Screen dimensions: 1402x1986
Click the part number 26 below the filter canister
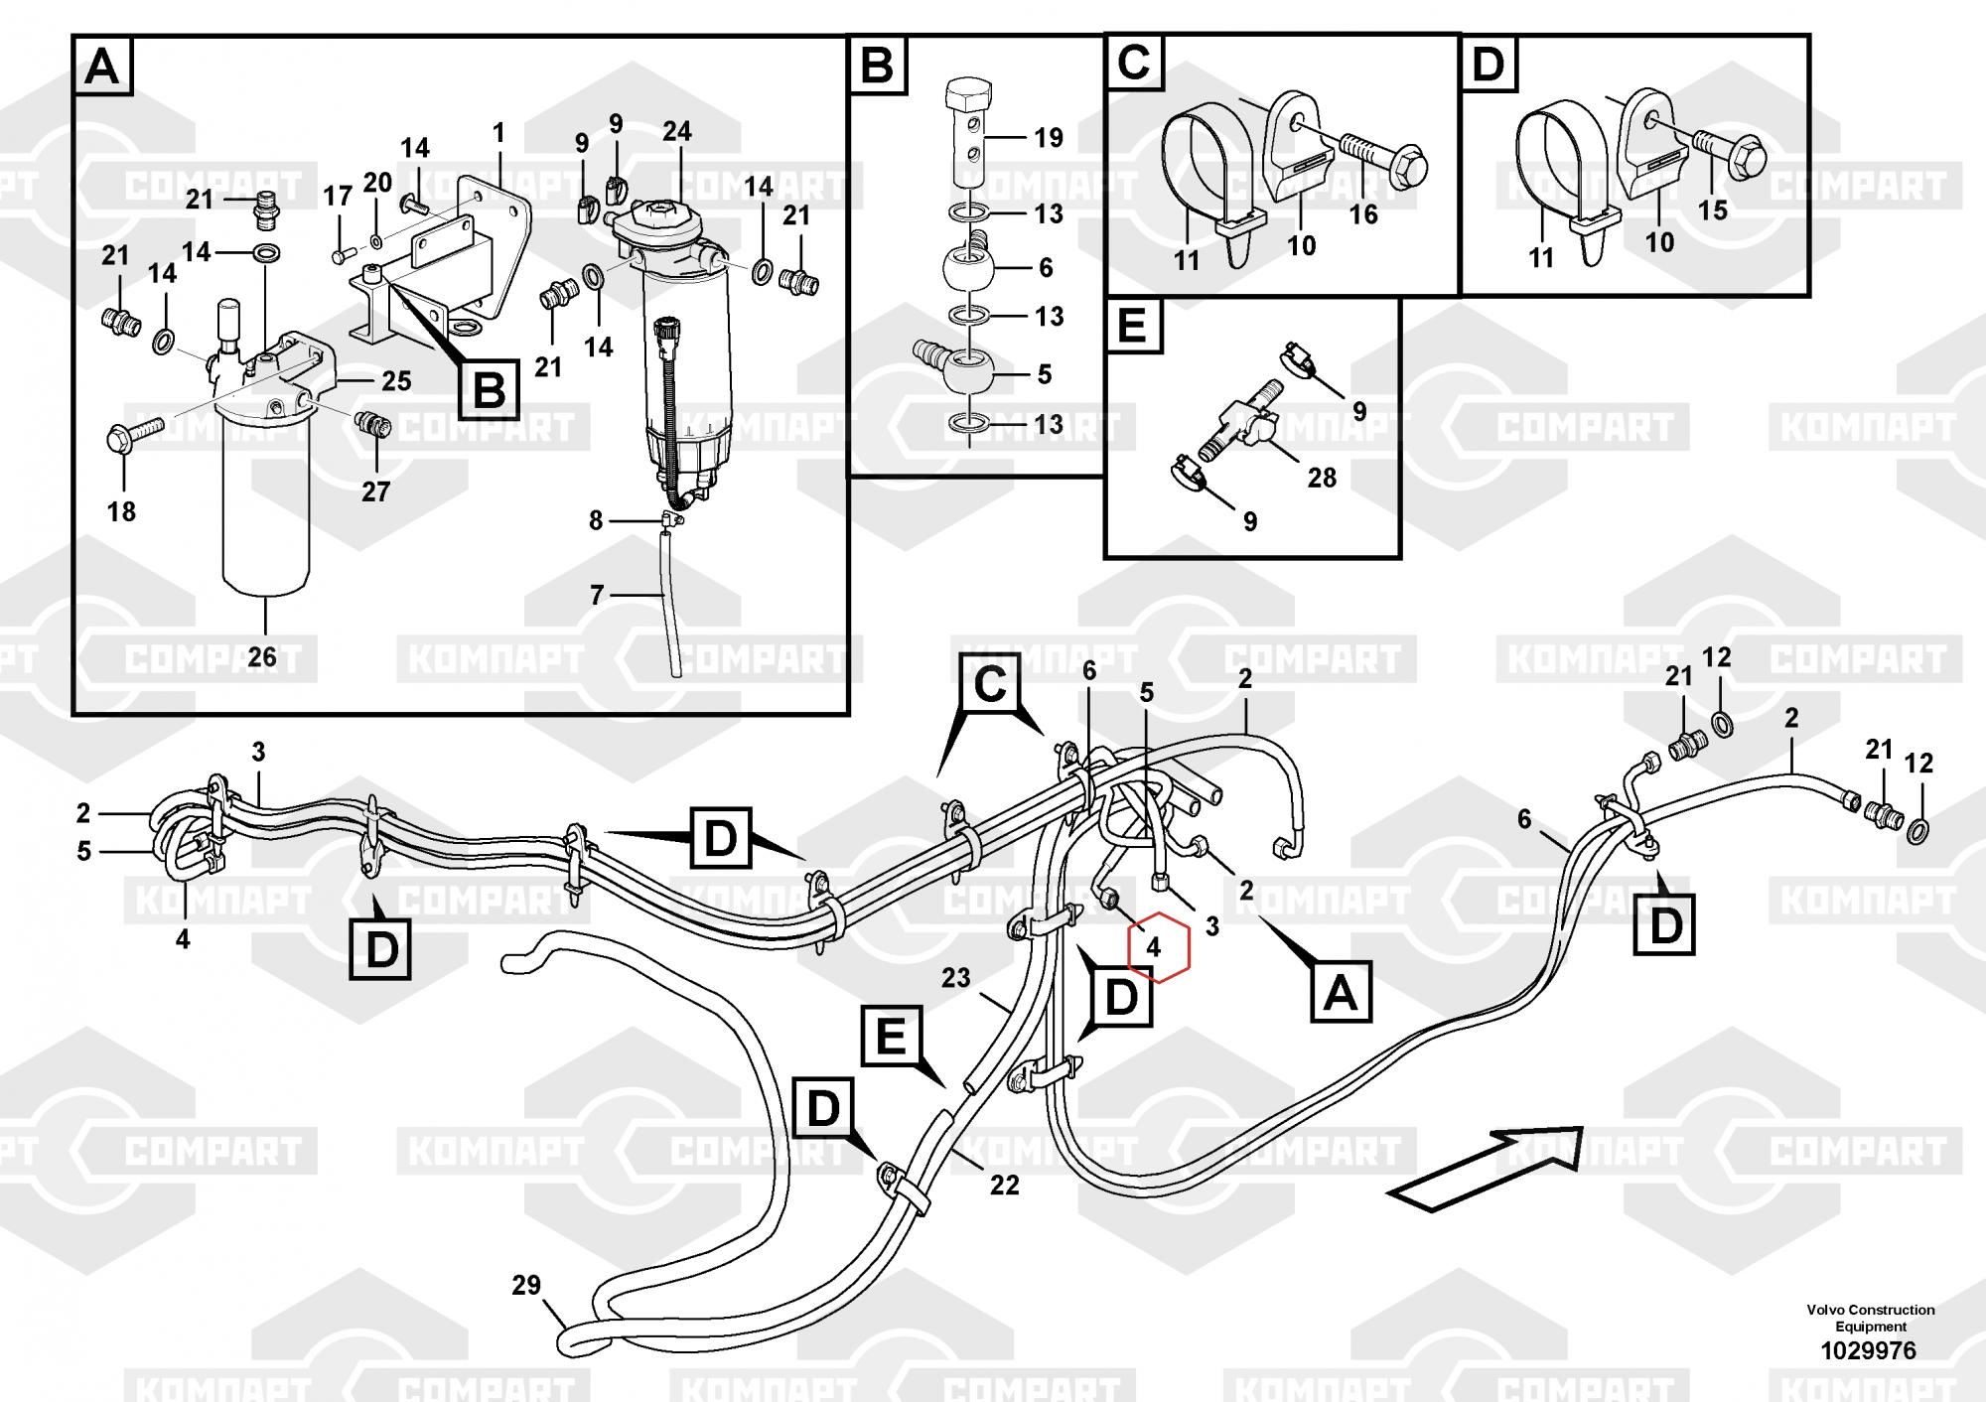[262, 656]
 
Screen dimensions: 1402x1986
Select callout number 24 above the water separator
[677, 131]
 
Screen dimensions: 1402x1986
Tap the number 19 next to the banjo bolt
[1049, 137]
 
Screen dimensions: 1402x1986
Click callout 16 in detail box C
[1363, 213]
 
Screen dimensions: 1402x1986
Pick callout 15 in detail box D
[1713, 210]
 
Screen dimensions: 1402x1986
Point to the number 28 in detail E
[1322, 478]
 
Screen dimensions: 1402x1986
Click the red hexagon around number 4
[1158, 947]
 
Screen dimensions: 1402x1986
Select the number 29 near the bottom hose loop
[526, 1285]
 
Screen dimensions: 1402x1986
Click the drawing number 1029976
[1870, 1350]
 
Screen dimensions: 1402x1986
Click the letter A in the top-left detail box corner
[102, 69]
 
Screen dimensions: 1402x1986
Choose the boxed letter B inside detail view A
[489, 389]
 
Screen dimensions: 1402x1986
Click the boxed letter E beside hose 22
[892, 1038]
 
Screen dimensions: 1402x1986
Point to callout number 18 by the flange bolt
[121, 511]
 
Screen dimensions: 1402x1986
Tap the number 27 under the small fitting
[375, 491]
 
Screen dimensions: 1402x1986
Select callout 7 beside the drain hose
[597, 595]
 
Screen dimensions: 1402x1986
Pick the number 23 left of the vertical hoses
[955, 978]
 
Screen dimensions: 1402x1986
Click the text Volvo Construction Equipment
[1870, 1318]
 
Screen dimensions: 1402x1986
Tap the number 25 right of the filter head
[396, 381]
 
